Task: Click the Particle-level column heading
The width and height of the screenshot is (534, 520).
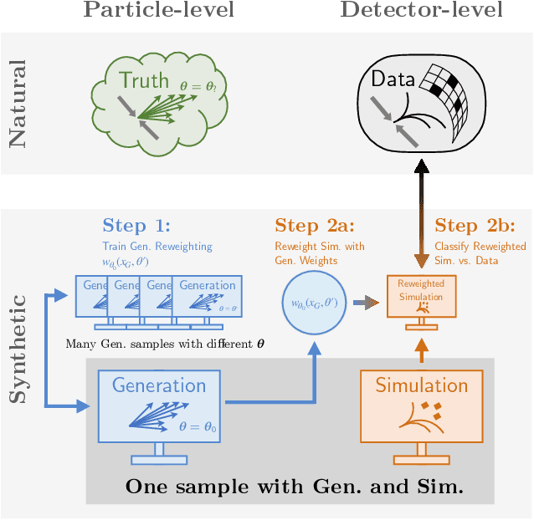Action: click(x=158, y=11)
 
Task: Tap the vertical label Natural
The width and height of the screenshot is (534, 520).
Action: click(x=18, y=103)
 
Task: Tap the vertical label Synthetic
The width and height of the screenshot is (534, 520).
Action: click(x=18, y=347)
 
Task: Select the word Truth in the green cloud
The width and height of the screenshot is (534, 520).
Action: click(x=144, y=80)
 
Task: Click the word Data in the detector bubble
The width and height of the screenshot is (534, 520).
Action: click(x=393, y=79)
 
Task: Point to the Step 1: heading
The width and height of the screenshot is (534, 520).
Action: click(x=136, y=226)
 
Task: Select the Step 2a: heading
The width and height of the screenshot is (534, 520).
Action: click(x=314, y=226)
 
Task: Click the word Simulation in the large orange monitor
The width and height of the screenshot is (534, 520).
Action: click(x=421, y=385)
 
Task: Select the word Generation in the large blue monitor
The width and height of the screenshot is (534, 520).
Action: click(x=159, y=385)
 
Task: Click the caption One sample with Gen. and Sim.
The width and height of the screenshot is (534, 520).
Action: click(x=293, y=487)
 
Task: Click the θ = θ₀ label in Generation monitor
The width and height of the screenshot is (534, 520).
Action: click(x=198, y=426)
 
